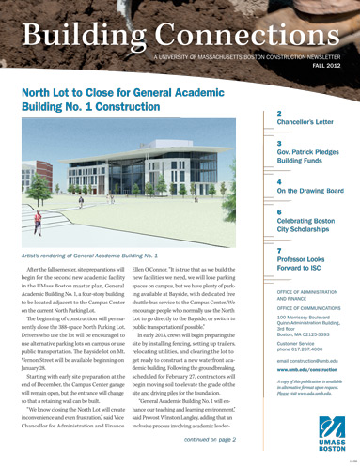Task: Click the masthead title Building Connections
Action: click(179, 36)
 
